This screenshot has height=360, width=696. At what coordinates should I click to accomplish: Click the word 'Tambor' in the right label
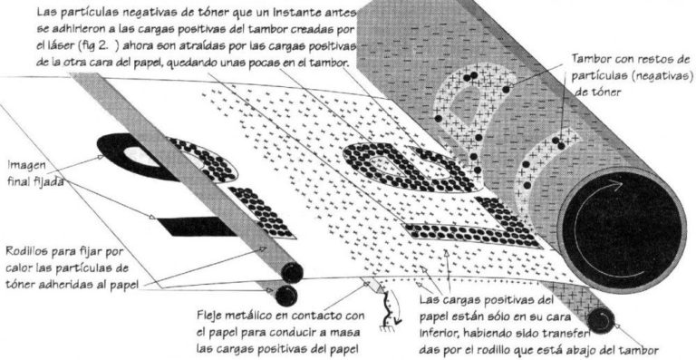point(588,59)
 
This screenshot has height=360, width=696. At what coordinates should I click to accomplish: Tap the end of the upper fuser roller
point(292,273)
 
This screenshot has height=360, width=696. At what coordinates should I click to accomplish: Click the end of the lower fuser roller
point(285,296)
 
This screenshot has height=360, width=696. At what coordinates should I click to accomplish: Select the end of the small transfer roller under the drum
point(601,320)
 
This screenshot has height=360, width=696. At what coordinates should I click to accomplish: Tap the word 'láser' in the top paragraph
point(65,47)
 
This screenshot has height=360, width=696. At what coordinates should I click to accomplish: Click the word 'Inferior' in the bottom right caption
point(437,332)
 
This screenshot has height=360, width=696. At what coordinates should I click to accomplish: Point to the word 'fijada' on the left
point(48,181)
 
